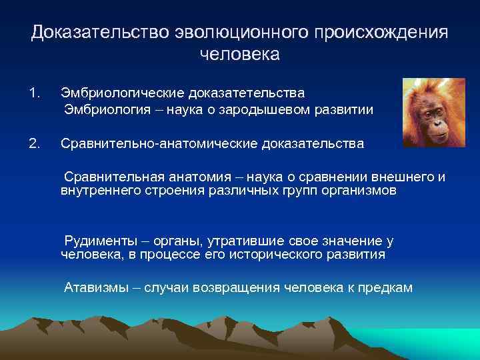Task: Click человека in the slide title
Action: [240, 54]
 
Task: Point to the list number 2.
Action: [35, 142]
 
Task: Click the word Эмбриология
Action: [107, 109]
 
